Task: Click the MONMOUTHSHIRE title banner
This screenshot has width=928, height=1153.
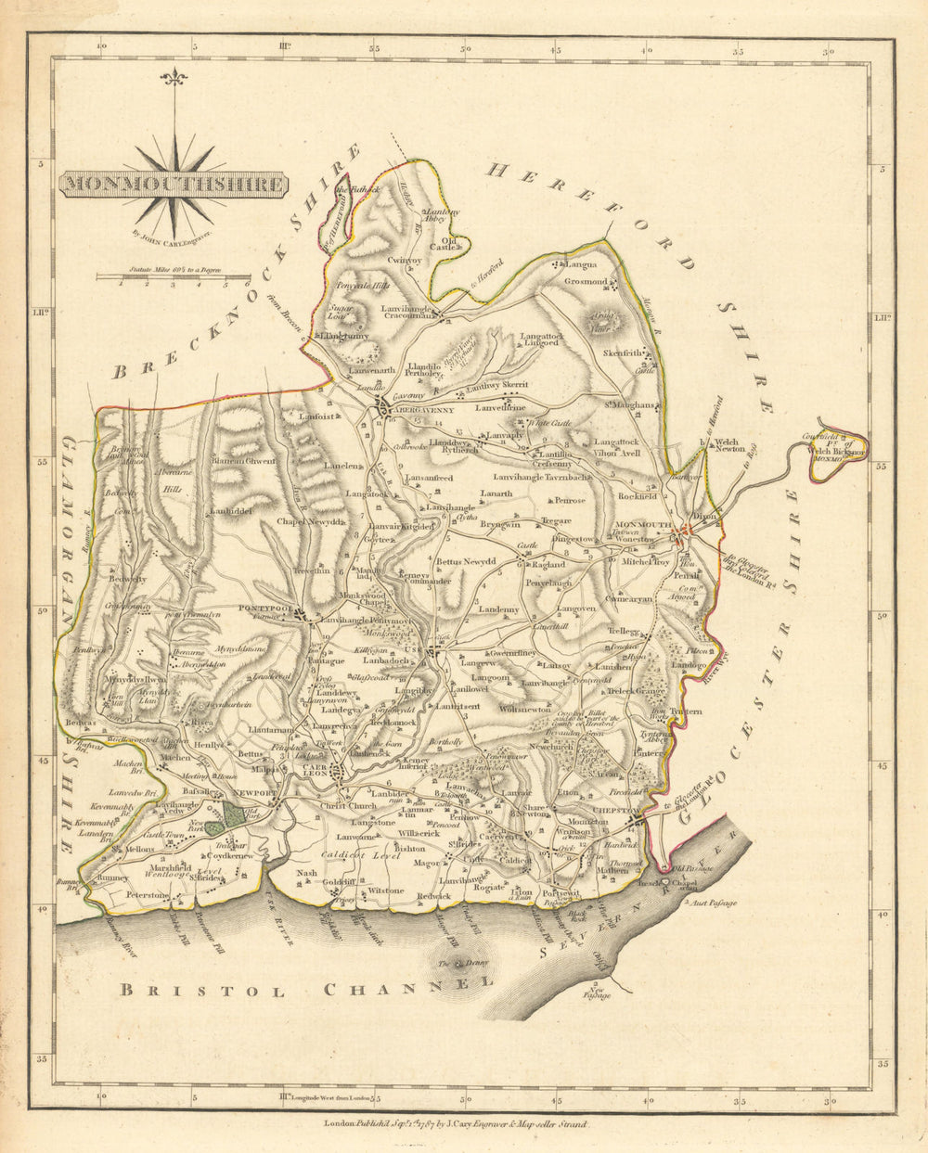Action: pyautogui.click(x=174, y=184)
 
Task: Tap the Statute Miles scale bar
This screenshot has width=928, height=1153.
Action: pyautogui.click(x=174, y=276)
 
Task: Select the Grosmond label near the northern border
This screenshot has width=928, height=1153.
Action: pyautogui.click(x=586, y=281)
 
